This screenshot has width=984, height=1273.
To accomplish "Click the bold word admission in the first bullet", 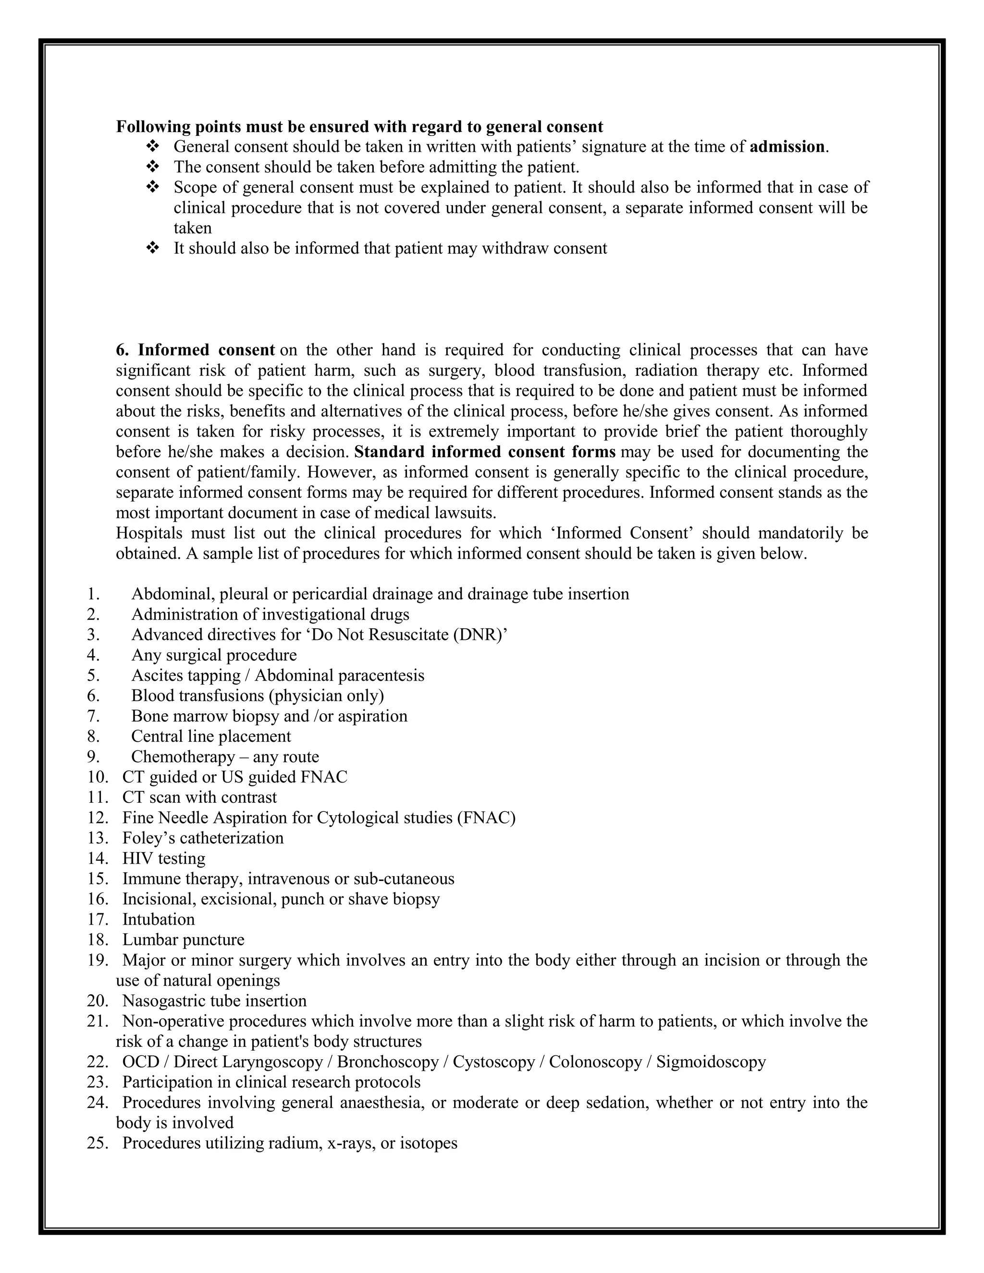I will [787, 147].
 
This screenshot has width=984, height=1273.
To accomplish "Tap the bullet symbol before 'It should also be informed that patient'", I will [153, 248].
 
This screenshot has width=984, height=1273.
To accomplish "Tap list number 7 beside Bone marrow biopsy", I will [93, 716].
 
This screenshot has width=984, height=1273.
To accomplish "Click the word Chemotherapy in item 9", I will [183, 757].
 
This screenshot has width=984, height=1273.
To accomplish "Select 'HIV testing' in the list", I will [164, 858].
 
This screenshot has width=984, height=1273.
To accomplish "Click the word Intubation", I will [159, 920].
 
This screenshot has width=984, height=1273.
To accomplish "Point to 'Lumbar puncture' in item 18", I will [183, 940].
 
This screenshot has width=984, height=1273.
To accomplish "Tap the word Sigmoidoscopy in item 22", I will [711, 1062].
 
